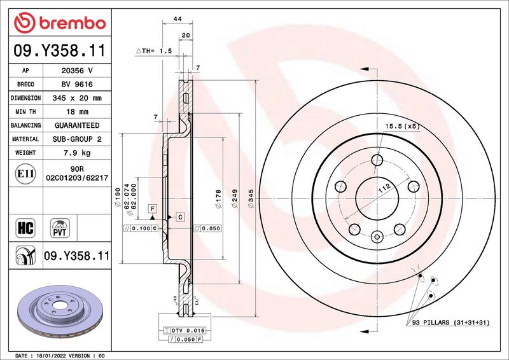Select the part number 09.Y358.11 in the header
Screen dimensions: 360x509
point(59,52)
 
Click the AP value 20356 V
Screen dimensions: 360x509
point(76,71)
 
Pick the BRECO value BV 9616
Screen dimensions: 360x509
point(76,85)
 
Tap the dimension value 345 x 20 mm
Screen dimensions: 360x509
point(76,98)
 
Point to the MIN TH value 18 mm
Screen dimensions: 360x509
point(76,112)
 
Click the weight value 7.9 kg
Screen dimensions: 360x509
point(76,153)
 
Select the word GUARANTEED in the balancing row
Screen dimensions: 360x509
point(76,125)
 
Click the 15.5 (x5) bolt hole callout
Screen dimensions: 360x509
point(401,127)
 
